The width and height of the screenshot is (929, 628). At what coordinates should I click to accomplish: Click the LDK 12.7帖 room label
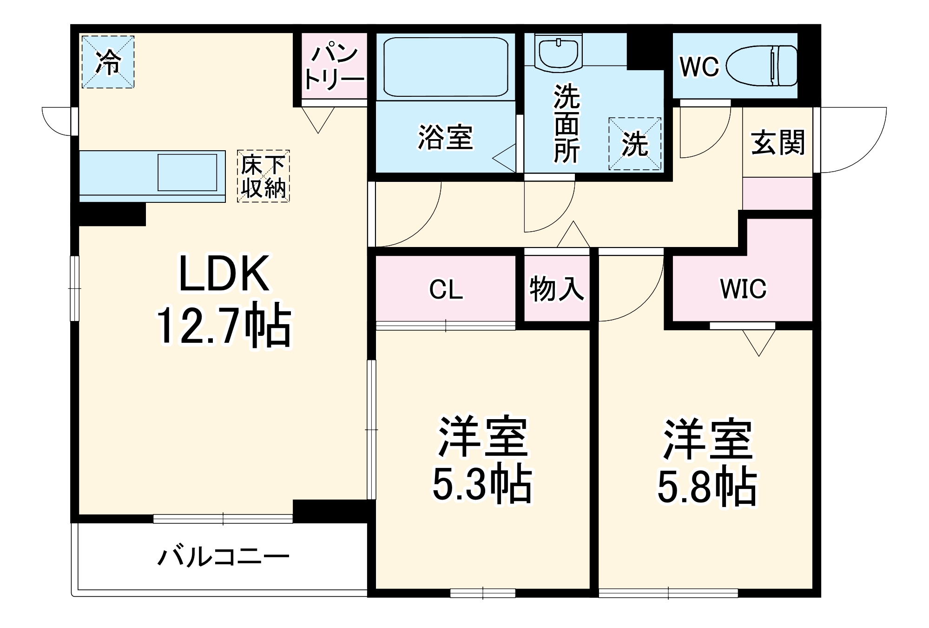[x=224, y=300]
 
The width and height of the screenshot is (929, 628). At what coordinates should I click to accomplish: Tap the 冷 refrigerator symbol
[x=108, y=62]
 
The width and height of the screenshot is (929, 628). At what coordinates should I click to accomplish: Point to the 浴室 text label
[x=445, y=138]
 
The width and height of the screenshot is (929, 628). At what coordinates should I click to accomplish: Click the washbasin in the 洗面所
[x=557, y=52]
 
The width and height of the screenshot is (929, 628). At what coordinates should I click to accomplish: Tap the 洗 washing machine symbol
[x=635, y=144]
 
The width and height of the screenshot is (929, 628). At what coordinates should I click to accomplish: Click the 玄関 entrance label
[x=777, y=142]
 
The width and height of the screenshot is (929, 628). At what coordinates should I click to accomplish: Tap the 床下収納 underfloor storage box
[x=263, y=176]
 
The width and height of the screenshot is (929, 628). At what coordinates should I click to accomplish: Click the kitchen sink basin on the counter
[x=187, y=173]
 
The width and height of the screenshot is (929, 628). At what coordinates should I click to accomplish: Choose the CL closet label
[x=446, y=290]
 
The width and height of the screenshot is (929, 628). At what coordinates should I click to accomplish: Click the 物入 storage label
[x=556, y=289]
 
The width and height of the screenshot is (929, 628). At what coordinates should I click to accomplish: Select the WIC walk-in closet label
[x=743, y=289]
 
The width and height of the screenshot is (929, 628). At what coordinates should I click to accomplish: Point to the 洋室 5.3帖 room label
[x=482, y=461]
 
